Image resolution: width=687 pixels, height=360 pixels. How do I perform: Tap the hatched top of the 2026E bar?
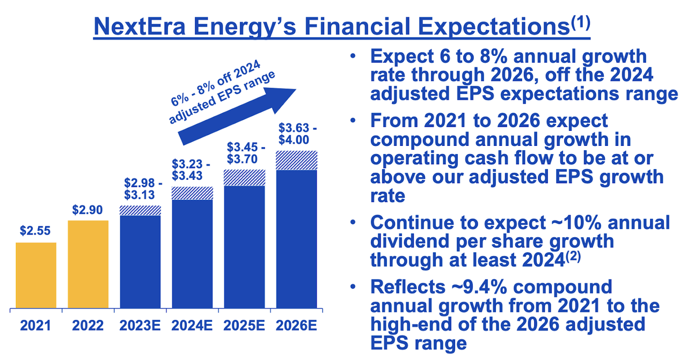click(x=296, y=160)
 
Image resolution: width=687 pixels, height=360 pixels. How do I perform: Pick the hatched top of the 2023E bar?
click(x=140, y=210)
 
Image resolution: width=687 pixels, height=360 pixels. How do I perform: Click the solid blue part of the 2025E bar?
click(x=244, y=247)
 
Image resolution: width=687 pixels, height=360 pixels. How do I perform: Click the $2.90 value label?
click(x=88, y=209)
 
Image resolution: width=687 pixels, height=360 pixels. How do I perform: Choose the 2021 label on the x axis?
click(x=36, y=325)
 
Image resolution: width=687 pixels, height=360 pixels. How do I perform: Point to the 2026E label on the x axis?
click(x=296, y=325)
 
